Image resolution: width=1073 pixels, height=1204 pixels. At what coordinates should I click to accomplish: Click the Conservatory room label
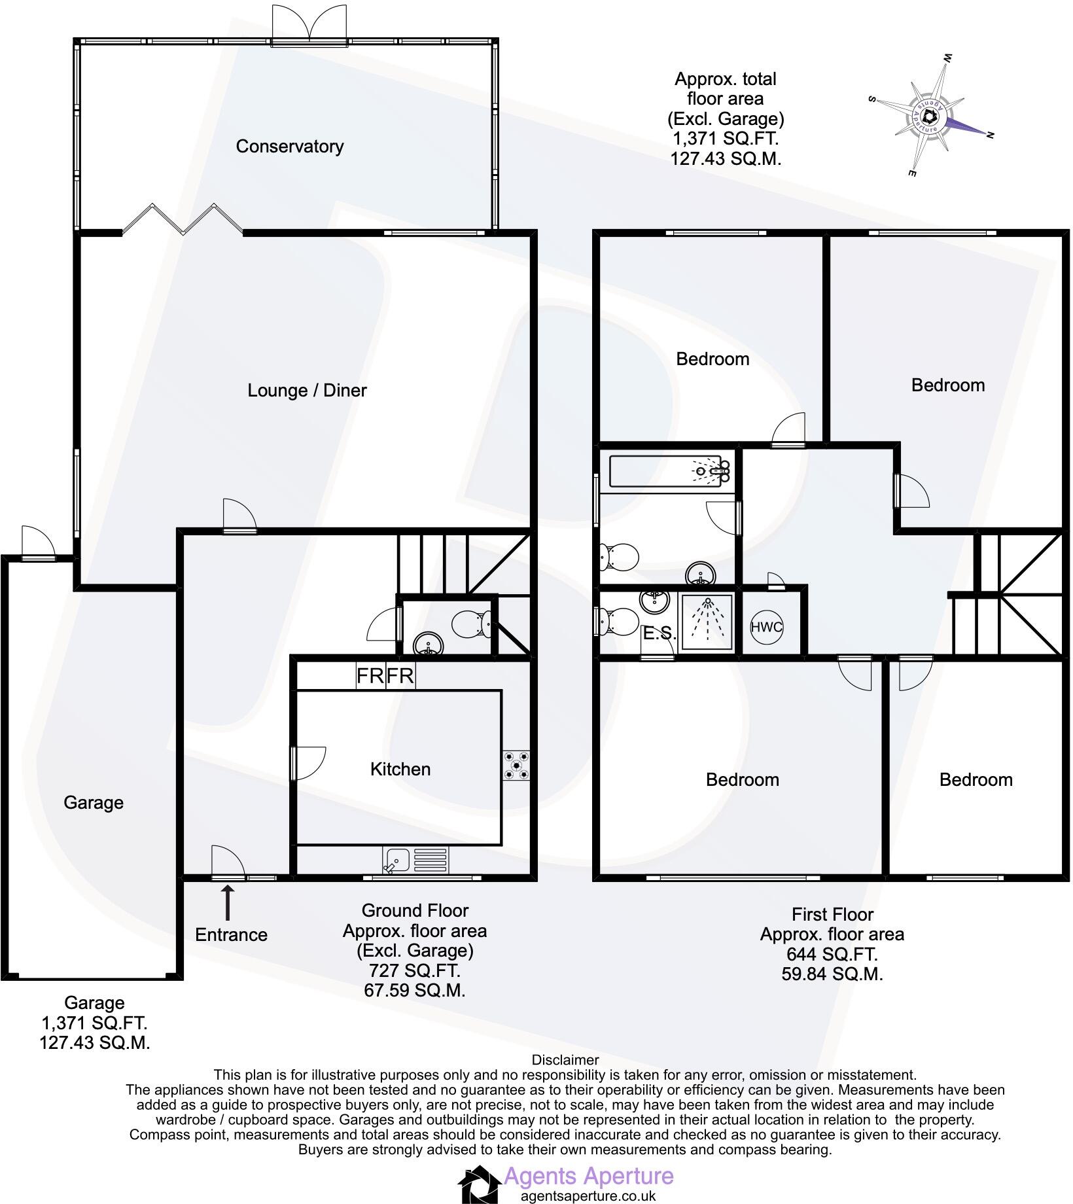click(x=289, y=147)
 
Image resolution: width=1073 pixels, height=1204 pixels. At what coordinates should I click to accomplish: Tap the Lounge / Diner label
click(x=307, y=391)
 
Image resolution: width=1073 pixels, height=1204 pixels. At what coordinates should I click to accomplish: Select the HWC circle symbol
click(x=766, y=627)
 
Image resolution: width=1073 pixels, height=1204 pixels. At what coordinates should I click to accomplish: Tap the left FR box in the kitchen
click(x=370, y=675)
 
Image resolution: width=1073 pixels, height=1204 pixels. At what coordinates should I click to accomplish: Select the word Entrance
click(x=231, y=934)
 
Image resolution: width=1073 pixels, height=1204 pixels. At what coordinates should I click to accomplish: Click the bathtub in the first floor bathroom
click(x=669, y=471)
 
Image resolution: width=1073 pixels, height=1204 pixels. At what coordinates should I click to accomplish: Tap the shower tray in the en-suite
click(x=707, y=623)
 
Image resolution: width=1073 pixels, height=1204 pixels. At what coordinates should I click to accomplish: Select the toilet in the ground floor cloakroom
click(x=474, y=624)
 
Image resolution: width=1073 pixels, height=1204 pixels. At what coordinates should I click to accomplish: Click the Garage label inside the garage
click(x=94, y=803)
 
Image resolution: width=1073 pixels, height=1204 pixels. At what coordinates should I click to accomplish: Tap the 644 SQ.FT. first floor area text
click(x=832, y=954)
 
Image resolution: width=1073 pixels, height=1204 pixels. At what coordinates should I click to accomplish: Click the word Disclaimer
click(x=565, y=1059)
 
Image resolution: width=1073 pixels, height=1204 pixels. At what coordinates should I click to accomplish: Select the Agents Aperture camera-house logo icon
click(x=479, y=1184)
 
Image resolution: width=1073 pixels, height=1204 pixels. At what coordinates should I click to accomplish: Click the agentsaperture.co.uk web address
click(x=588, y=1195)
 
